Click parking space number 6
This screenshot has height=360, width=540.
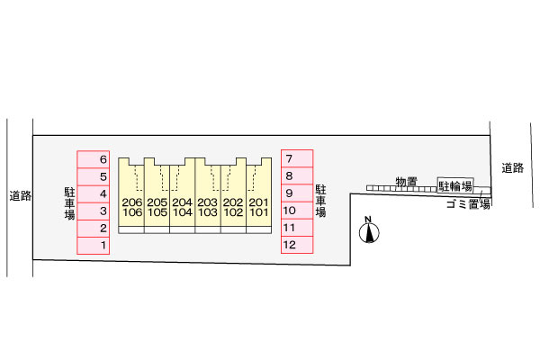[x=94, y=159]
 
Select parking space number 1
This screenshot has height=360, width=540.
[x=94, y=245]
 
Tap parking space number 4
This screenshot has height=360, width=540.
[x=94, y=193]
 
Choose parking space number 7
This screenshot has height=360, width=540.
[x=298, y=159]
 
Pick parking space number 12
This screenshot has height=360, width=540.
[x=298, y=245]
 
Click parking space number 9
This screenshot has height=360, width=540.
[x=298, y=193]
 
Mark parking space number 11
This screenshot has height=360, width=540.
[x=298, y=228]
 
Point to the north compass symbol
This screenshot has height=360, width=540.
[x=368, y=232]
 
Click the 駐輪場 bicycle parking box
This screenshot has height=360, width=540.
[x=454, y=184]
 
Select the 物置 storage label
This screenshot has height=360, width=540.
[x=405, y=181]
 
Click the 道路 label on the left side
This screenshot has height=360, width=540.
[x=20, y=195]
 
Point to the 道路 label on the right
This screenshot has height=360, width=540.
[x=513, y=167]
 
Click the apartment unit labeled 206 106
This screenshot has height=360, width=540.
[x=132, y=207]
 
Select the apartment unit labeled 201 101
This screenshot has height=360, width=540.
[x=259, y=207]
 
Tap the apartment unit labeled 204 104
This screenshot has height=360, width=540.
[x=183, y=207]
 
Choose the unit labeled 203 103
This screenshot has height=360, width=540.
[x=208, y=207]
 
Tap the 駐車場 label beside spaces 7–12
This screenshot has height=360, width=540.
[x=320, y=202]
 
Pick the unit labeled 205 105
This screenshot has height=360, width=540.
[x=157, y=207]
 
